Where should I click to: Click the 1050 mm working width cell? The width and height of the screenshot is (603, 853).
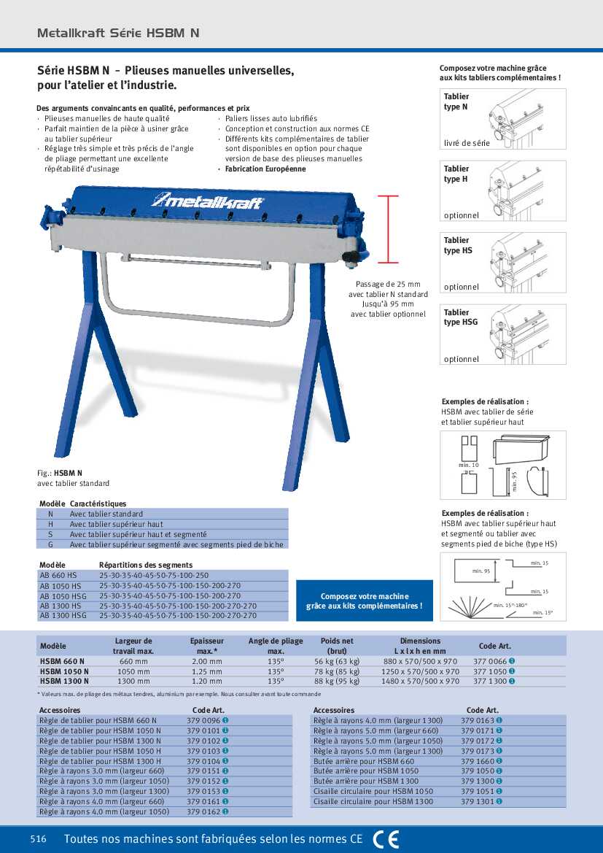pyautogui.click(x=133, y=671)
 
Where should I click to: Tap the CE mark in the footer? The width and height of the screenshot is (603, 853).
pyautogui.click(x=386, y=839)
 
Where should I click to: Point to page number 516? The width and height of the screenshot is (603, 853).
pyautogui.click(x=39, y=839)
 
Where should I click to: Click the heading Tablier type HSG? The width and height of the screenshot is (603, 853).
pyautogui.click(x=461, y=317)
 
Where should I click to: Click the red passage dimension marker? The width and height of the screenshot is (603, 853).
pyautogui.click(x=389, y=228)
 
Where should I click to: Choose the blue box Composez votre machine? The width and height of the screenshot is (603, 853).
pyautogui.click(x=364, y=601)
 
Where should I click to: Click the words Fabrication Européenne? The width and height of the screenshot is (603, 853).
pyautogui.click(x=265, y=169)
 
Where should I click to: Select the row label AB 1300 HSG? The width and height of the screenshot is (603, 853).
pyautogui.click(x=63, y=615)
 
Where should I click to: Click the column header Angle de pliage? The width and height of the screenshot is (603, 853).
pyautogui.click(x=276, y=645)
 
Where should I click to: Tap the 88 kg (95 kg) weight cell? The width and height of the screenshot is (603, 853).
pyautogui.click(x=337, y=681)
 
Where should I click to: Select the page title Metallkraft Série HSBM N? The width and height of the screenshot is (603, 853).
pyautogui.click(x=118, y=33)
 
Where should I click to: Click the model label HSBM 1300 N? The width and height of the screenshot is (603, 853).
pyautogui.click(x=64, y=681)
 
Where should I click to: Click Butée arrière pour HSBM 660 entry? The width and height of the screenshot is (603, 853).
pyautogui.click(x=363, y=760)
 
